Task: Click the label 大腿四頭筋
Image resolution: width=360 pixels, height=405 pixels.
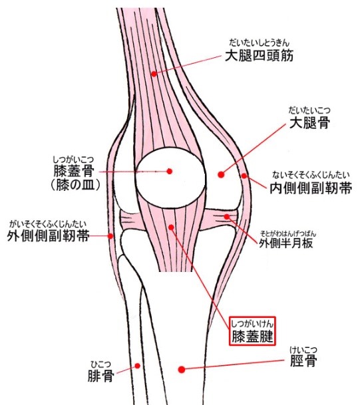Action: click(260, 56)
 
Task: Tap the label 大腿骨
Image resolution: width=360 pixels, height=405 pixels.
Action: click(309, 122)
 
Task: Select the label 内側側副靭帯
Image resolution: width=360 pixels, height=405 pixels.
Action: click(311, 188)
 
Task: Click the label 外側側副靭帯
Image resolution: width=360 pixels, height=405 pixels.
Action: click(49, 235)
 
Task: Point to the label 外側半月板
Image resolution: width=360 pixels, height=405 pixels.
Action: click(286, 243)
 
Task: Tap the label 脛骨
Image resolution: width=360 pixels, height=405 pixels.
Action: click(303, 360)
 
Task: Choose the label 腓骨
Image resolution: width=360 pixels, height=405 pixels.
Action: click(100, 376)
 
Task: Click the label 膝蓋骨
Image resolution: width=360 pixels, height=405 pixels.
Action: click(74, 170)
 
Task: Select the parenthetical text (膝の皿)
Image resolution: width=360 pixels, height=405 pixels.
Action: click(75, 185)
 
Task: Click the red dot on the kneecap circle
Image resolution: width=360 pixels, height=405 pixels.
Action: click(170, 171)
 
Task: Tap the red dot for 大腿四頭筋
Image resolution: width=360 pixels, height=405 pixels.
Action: click(154, 74)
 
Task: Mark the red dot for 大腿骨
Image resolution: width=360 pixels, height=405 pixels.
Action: click(221, 175)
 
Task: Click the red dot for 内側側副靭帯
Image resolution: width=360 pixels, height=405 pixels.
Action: click(244, 176)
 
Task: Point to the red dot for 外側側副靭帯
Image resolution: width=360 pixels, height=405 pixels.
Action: click(110, 236)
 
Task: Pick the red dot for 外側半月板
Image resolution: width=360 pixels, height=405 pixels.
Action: click(227, 217)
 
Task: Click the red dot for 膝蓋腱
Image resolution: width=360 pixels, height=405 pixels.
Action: click(171, 227)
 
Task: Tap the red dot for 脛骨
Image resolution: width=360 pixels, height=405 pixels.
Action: click(182, 369)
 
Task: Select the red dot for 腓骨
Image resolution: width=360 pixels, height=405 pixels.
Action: click(138, 366)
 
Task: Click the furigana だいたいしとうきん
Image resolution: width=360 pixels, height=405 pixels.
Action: click(260, 43)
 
